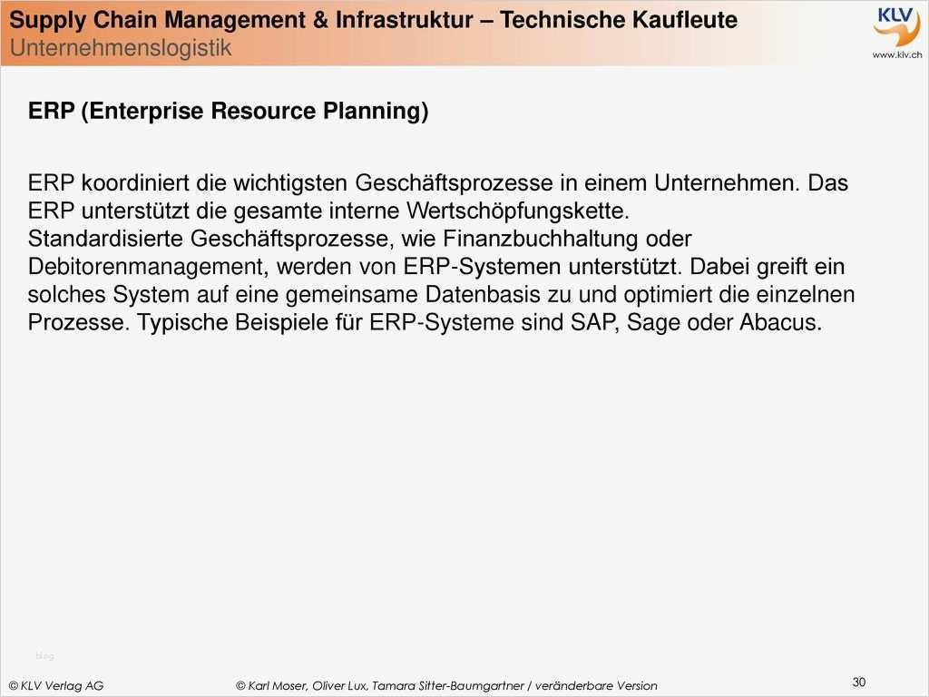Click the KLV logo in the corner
coord(896,26)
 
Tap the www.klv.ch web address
coord(897,54)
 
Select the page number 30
coord(858,682)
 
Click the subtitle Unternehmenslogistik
coord(121,48)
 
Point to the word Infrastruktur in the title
coord(404,20)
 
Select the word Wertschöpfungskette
coord(517,211)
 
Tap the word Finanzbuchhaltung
coord(541,239)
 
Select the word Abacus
coord(781,323)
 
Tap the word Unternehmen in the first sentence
coord(727,183)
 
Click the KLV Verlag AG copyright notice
coord(56,686)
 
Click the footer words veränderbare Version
coord(596,686)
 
